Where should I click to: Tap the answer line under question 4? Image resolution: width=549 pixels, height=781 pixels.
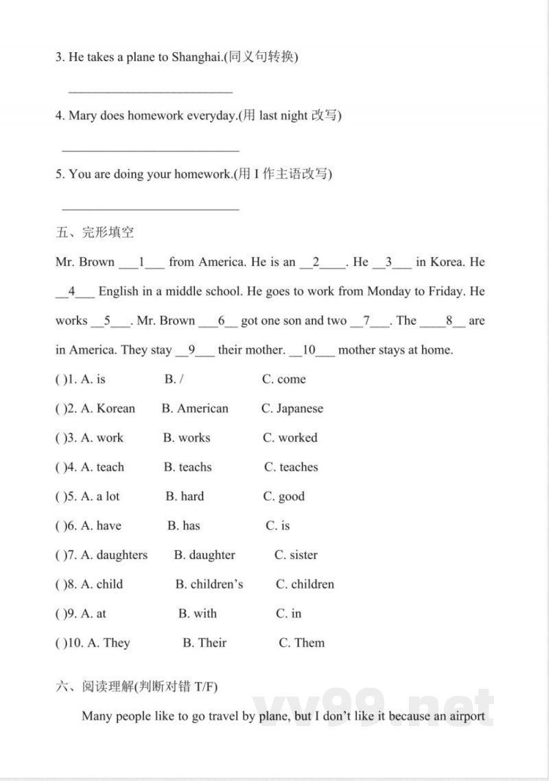pyautogui.click(x=150, y=149)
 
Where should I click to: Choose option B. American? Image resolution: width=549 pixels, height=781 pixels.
pyautogui.click(x=195, y=409)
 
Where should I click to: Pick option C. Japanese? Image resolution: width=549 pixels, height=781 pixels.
pyautogui.click(x=292, y=409)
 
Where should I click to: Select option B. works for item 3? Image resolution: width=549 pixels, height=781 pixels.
pyautogui.click(x=187, y=438)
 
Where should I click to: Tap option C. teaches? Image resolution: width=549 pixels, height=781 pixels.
pyautogui.click(x=291, y=467)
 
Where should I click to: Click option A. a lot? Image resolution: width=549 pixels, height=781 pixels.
pyautogui.click(x=100, y=497)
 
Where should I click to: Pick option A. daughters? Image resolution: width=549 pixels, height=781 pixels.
pyautogui.click(x=114, y=555)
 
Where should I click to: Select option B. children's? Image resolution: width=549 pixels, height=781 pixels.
pyautogui.click(x=209, y=585)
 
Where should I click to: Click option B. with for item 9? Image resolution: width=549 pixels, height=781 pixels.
pyautogui.click(x=198, y=613)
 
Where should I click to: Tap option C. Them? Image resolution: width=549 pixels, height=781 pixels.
pyautogui.click(x=302, y=643)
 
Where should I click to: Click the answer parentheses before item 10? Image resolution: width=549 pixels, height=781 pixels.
pyautogui.click(x=59, y=643)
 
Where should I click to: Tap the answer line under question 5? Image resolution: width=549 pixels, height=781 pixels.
pyautogui.click(x=150, y=207)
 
